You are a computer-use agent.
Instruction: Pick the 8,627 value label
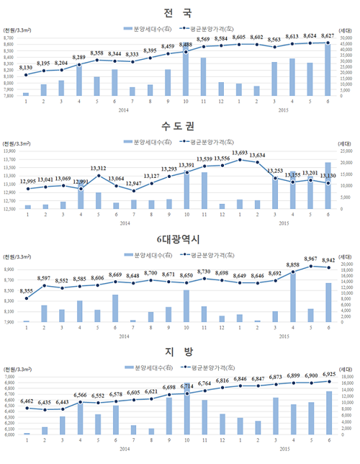point(328,35)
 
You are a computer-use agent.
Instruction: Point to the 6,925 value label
point(328,375)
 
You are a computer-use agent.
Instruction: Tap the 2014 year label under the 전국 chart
point(123,110)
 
